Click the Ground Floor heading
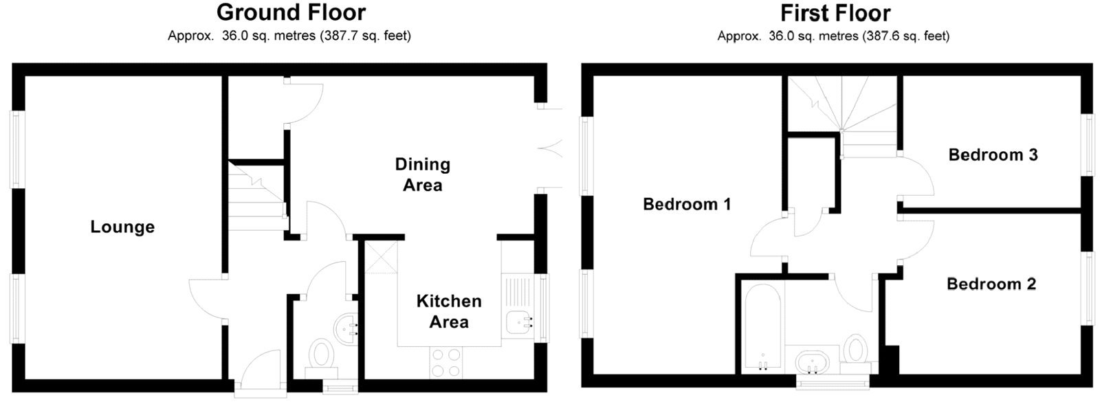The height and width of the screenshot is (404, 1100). (x=291, y=12)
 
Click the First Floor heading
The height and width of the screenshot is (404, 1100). (x=835, y=12)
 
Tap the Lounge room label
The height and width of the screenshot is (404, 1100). (x=122, y=227)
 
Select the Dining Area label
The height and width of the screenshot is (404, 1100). (x=422, y=175)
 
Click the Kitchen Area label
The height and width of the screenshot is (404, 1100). (x=449, y=311)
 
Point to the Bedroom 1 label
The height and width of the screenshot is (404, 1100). (x=686, y=204)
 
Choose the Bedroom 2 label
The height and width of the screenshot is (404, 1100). (x=991, y=284)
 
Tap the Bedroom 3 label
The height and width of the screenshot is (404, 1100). (x=992, y=155)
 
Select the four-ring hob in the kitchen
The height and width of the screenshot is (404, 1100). (x=445, y=362)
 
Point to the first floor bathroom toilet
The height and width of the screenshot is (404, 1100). (x=855, y=349)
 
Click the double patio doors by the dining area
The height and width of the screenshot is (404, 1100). (x=550, y=146)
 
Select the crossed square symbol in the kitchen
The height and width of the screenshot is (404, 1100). (x=378, y=258)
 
